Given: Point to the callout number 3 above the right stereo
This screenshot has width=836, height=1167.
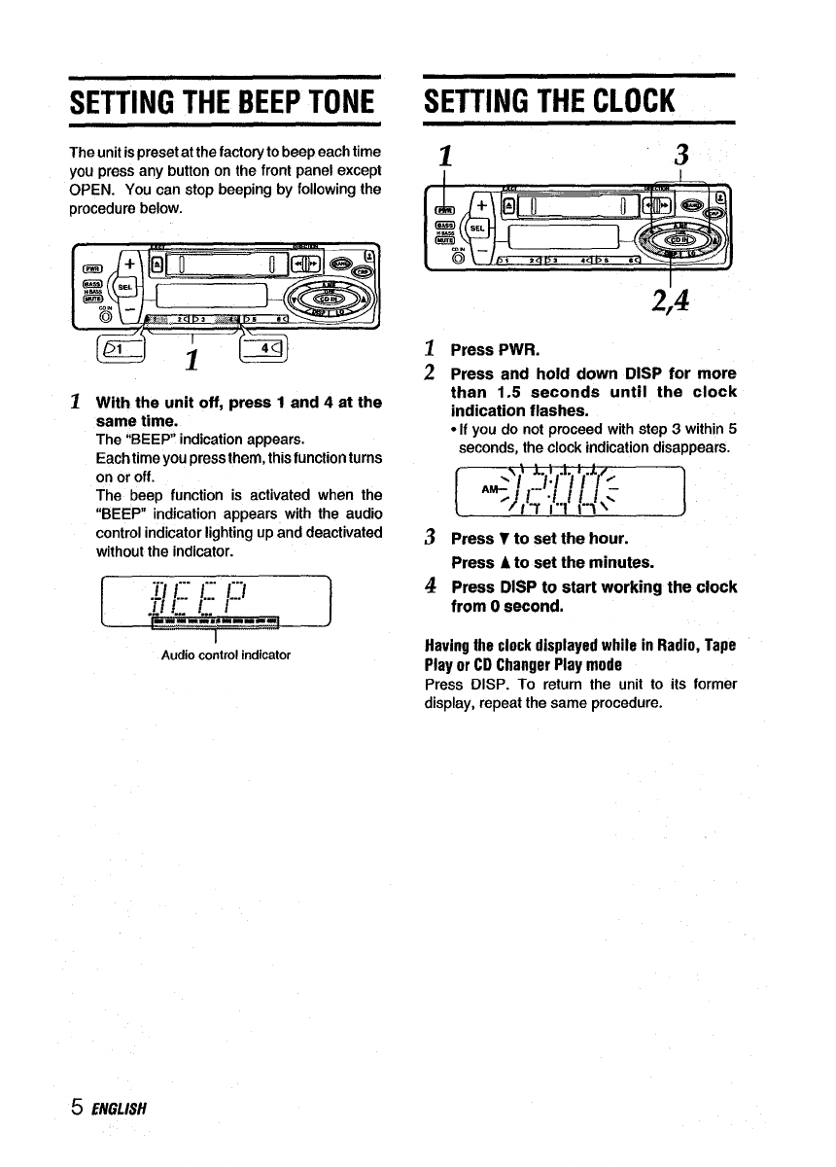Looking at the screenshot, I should click(682, 156).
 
